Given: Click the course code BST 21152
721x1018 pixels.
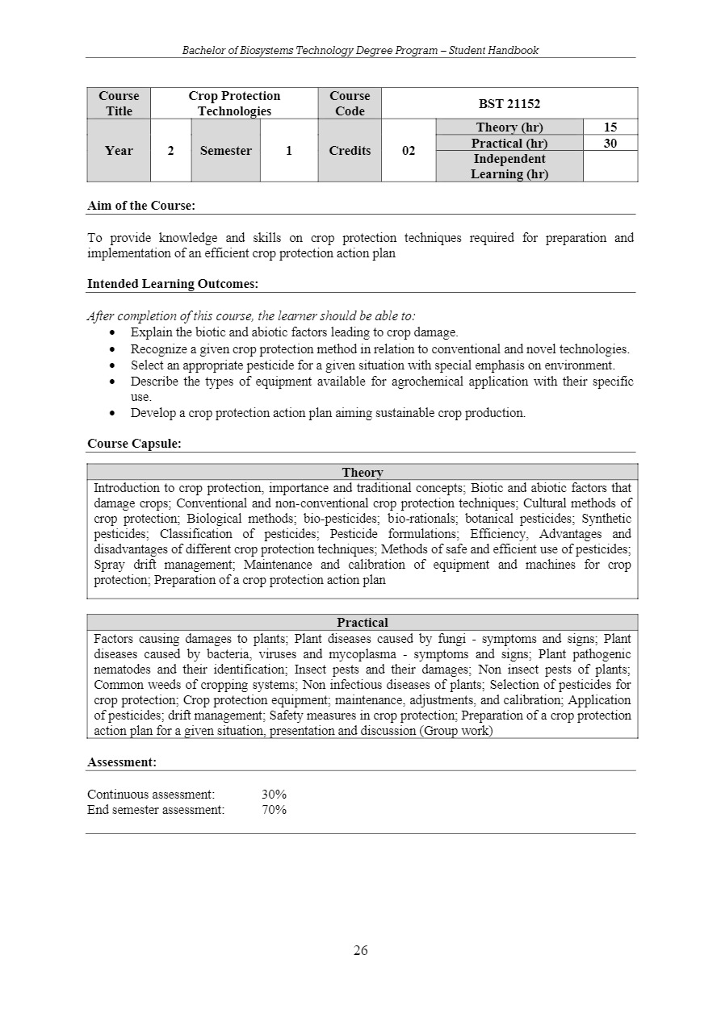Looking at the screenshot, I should click(509, 103).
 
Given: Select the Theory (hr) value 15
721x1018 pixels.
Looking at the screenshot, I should click(610, 127).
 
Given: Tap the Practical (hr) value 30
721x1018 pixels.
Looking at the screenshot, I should click(610, 143).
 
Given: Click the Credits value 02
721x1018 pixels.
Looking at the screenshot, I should click(409, 151).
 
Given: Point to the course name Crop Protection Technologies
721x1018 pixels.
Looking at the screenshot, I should click(234, 103).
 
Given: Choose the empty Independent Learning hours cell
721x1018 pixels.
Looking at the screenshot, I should click(610, 166).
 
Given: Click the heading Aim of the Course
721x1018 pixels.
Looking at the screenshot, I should click(141, 206).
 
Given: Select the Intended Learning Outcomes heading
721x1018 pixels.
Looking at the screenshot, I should click(173, 284).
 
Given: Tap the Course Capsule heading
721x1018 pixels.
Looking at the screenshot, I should click(134, 444).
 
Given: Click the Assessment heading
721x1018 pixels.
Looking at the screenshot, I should click(122, 761).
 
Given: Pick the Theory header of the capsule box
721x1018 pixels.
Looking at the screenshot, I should click(363, 473).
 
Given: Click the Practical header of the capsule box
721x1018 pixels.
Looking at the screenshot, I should click(363, 623).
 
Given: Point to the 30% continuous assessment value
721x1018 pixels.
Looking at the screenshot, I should click(274, 795).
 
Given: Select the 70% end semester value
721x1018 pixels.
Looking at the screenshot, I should click(274, 810).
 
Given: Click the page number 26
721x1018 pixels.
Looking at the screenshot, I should click(360, 951).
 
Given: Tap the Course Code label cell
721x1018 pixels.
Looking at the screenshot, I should click(350, 103).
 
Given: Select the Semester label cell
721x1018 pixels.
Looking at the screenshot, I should click(226, 151).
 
